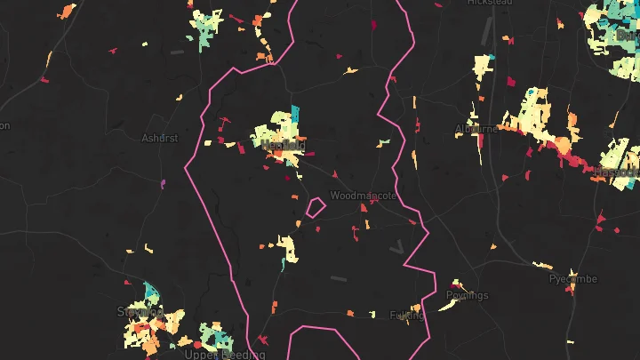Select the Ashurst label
(160, 138)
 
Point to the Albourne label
(476, 129)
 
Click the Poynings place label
(468, 295)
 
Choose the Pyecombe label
(572, 278)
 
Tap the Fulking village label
(408, 315)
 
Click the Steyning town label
(140, 311)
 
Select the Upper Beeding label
(224, 354)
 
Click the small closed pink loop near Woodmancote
(314, 207)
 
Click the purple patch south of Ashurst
(163, 184)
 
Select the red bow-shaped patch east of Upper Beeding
(262, 339)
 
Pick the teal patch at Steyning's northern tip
(148, 291)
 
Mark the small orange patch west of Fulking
(350, 313)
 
